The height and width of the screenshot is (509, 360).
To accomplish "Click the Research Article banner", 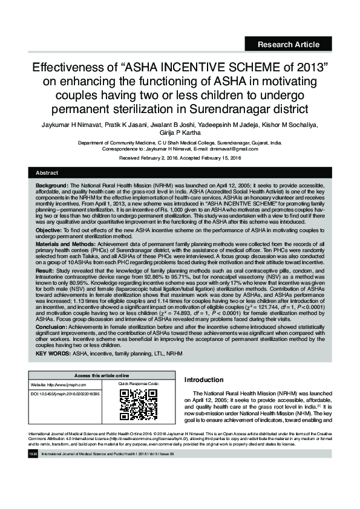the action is pyautogui.click(x=288, y=44).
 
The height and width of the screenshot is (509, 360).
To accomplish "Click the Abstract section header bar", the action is pyautogui.click(x=180, y=173).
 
